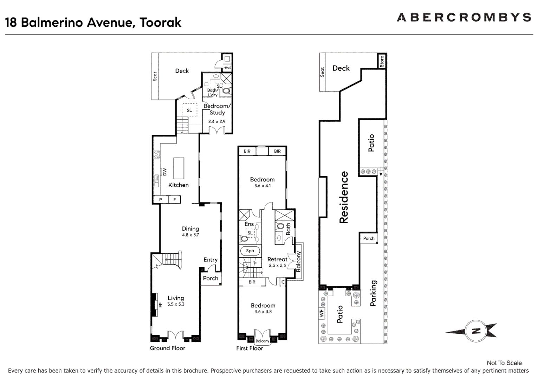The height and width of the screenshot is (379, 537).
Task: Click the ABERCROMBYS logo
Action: click(464, 17)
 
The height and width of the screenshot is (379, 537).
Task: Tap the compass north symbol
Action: click(476, 331)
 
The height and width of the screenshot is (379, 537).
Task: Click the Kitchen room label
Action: click(178, 185)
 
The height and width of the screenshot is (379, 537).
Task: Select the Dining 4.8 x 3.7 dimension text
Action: click(190, 235)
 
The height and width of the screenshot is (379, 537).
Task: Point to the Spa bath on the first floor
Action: click(250, 251)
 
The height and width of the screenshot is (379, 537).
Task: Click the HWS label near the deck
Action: click(227, 68)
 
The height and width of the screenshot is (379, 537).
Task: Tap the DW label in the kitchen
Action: click(164, 172)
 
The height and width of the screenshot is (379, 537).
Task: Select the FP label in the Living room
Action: click(161, 305)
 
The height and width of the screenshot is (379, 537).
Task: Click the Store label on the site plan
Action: click(382, 61)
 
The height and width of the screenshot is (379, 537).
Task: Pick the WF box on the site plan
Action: click(322, 313)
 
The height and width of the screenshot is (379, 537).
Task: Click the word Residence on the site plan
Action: click(344, 197)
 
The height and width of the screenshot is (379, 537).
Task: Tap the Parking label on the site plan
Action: click(373, 293)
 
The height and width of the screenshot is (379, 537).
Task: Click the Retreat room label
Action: click(277, 259)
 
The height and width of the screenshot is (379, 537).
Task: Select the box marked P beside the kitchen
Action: click(161, 200)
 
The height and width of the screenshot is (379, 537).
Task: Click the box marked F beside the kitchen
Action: click(174, 200)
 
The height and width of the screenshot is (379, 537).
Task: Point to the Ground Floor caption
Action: click(167, 348)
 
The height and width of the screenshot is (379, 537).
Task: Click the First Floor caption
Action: click(250, 348)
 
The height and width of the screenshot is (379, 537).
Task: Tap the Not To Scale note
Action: click(504, 363)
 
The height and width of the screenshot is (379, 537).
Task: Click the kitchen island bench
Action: click(179, 168)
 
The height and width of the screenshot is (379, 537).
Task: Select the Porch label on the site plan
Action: click(369, 238)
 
